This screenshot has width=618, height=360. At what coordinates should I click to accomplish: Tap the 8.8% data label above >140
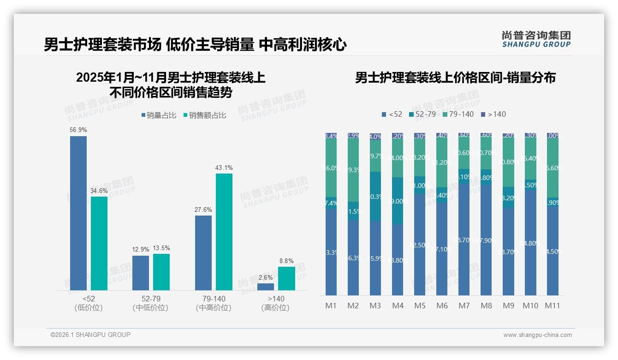[x=286, y=261]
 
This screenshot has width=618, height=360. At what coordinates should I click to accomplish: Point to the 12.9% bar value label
[x=141, y=250]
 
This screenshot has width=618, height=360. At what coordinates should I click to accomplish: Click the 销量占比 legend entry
[x=158, y=115]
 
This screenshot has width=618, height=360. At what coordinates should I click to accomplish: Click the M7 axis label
[x=464, y=306]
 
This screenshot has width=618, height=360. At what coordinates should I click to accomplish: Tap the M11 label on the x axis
[x=552, y=306]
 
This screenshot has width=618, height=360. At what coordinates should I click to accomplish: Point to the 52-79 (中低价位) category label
[x=150, y=303]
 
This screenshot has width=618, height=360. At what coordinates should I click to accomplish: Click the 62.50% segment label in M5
[x=419, y=245]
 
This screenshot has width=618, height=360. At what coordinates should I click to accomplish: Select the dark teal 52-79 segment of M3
[x=375, y=196]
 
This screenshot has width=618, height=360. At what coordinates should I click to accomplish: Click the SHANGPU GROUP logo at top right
[x=536, y=39]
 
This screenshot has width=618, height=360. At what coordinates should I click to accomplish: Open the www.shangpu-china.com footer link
[x=537, y=335]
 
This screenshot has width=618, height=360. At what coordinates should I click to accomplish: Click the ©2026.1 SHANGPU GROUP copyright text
[x=90, y=335]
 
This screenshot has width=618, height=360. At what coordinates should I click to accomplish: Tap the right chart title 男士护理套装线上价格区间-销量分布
[x=455, y=78]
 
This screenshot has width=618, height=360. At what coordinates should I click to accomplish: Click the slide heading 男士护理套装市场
[x=102, y=45]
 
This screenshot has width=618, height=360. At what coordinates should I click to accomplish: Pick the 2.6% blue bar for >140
[x=266, y=287]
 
